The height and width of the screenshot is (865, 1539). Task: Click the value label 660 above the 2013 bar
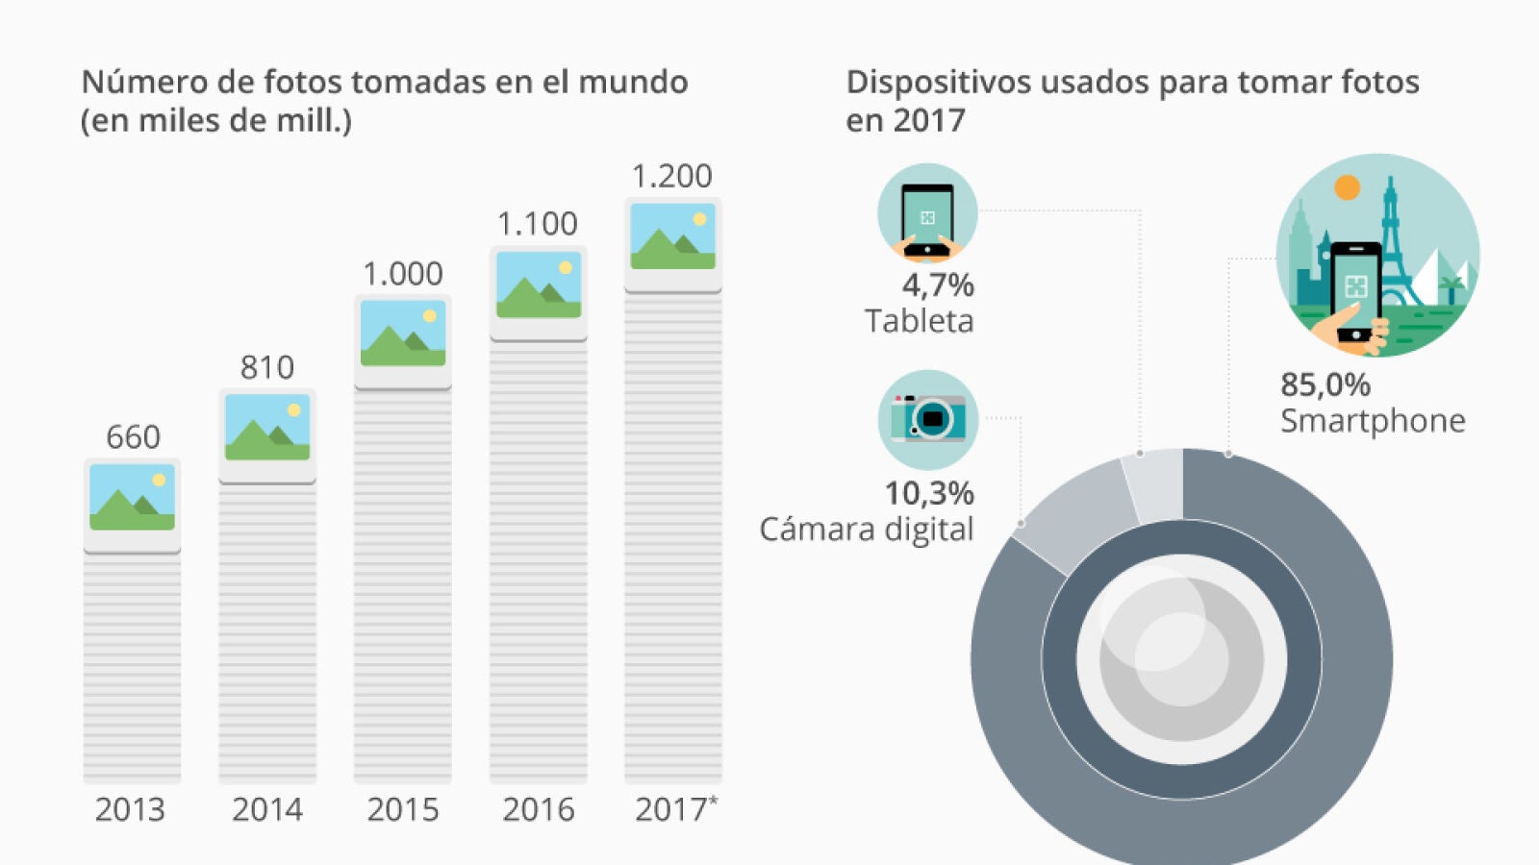pyautogui.click(x=133, y=437)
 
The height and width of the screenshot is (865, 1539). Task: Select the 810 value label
pyautogui.click(x=267, y=367)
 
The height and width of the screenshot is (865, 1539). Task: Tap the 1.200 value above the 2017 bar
pyautogui.click(x=671, y=176)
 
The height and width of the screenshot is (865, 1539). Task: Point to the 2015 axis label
pyautogui.click(x=402, y=810)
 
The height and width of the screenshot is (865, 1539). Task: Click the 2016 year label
pyautogui.click(x=538, y=810)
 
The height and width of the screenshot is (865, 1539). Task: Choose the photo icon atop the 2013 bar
pyautogui.click(x=133, y=498)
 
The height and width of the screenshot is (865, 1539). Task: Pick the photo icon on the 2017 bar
pyautogui.click(x=672, y=236)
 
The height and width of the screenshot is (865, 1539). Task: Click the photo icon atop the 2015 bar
pyautogui.click(x=403, y=334)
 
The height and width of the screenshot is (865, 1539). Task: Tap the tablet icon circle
pyautogui.click(x=927, y=213)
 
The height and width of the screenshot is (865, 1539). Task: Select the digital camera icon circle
pyautogui.click(x=927, y=420)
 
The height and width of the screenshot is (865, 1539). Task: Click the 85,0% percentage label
pyautogui.click(x=1325, y=384)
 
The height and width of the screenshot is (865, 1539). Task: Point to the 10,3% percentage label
pyautogui.click(x=928, y=493)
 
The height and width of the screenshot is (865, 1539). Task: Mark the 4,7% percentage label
pyautogui.click(x=937, y=285)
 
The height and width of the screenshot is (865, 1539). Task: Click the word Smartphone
pyautogui.click(x=1373, y=421)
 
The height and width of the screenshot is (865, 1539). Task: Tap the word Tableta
pyautogui.click(x=919, y=321)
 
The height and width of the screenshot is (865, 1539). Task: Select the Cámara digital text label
pyautogui.click(x=866, y=530)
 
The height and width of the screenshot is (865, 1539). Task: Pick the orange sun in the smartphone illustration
pyautogui.click(x=1348, y=187)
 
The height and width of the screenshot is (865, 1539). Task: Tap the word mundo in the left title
pyautogui.click(x=632, y=83)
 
